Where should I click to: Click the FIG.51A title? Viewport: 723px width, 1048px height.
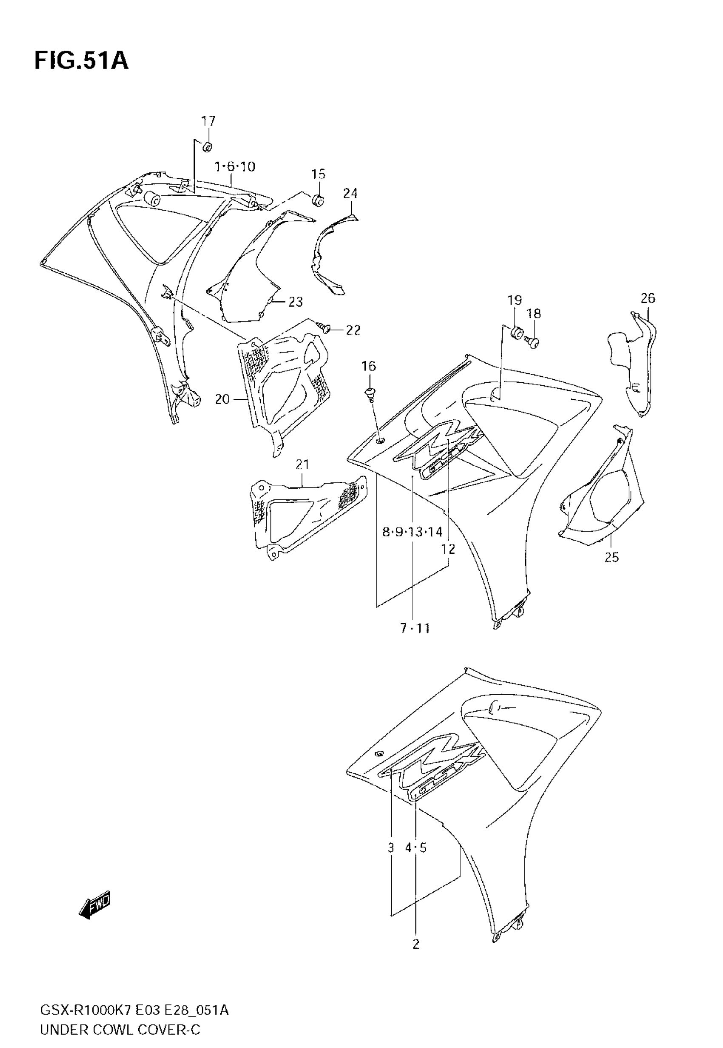[82, 61]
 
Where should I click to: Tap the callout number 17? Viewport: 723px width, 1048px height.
[208, 121]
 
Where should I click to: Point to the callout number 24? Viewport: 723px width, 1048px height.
[350, 194]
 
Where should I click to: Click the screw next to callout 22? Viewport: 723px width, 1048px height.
[325, 327]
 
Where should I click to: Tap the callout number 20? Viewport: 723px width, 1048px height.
[222, 399]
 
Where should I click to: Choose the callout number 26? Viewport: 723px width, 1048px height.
[648, 298]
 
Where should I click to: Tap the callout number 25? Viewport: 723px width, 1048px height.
[612, 557]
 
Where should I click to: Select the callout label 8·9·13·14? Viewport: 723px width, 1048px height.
[412, 532]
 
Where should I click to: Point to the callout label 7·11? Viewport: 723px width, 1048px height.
[415, 628]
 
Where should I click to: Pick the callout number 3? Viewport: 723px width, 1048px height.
[391, 848]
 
